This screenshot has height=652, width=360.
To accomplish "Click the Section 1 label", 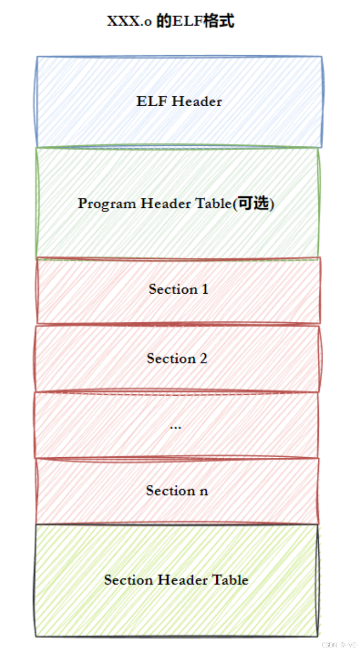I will tap(178, 289).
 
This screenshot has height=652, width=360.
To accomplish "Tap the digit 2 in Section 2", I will tap(203, 358).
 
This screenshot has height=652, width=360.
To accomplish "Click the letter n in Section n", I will tap(204, 491).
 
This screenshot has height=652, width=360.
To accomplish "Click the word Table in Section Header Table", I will tap(230, 580).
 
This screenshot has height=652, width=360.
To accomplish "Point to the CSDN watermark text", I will tap(329, 645).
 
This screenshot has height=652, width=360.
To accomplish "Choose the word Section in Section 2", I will tap(170, 358).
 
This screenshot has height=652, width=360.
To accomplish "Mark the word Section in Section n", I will tap(169, 491).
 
